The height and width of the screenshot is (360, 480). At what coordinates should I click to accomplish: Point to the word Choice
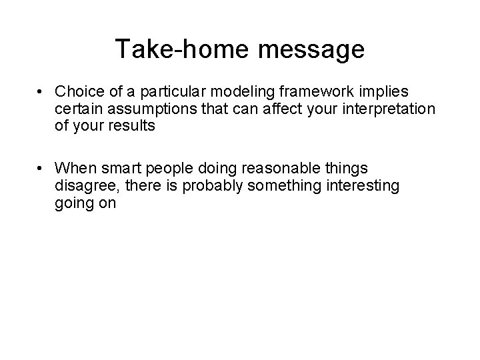(x=77, y=91)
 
